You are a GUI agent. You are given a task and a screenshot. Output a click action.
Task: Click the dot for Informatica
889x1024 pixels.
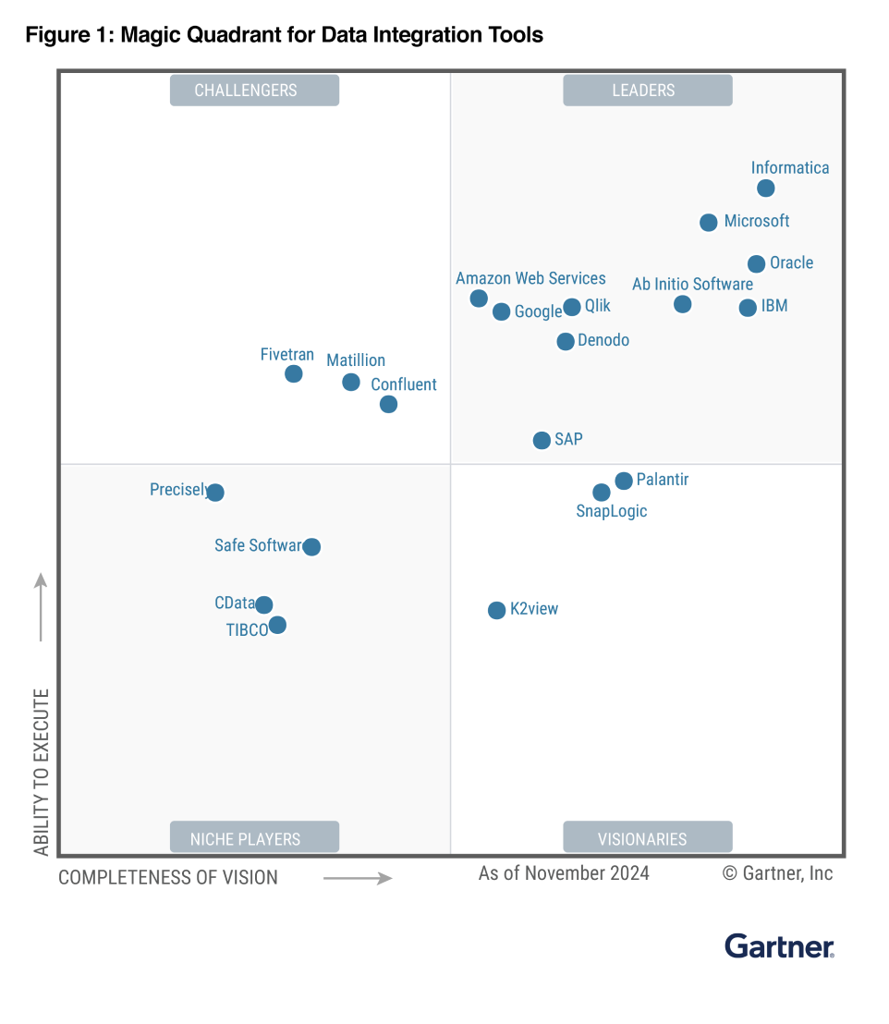coord(765,189)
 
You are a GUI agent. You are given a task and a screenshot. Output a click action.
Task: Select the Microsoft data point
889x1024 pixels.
coord(708,223)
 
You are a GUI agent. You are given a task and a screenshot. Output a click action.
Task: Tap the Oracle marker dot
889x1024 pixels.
coord(756,264)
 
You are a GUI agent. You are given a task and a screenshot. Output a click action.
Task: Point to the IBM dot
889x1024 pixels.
coord(748,308)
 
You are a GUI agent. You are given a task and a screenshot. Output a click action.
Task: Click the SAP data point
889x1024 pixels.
coord(542,441)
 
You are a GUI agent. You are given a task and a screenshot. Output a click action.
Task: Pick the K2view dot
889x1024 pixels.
coord(496,610)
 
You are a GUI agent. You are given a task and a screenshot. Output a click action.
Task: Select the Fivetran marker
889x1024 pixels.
coord(293,374)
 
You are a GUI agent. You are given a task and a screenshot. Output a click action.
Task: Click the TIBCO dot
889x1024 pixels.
coord(277,626)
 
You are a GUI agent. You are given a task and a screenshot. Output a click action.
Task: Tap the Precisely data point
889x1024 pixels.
coord(215,493)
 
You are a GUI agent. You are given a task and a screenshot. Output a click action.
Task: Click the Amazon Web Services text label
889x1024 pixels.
coord(530,278)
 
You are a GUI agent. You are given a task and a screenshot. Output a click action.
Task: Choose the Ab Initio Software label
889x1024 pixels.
coord(692,284)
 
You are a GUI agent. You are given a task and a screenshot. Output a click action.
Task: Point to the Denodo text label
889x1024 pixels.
coord(603,340)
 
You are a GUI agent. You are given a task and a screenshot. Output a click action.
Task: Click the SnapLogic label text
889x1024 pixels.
coord(611,511)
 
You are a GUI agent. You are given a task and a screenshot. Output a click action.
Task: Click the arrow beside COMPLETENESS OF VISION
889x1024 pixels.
coord(359,878)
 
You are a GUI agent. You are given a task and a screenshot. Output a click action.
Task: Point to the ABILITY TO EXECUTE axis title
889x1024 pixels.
coord(41,772)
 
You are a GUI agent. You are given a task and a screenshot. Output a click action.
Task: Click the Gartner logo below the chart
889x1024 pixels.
coord(779,946)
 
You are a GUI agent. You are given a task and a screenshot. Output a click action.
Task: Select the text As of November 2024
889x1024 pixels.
coord(564,873)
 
